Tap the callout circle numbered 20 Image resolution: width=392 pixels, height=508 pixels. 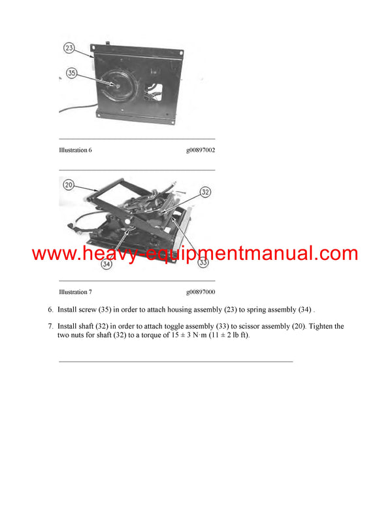tap(69, 185)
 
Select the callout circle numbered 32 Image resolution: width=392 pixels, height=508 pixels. tap(205, 192)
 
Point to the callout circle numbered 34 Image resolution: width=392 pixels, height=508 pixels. tap(106, 264)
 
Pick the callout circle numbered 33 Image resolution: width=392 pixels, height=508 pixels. tap(203, 263)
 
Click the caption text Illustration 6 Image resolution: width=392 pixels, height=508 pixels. tap(75, 150)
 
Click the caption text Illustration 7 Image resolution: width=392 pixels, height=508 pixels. tap(75, 292)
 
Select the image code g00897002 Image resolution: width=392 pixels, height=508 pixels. tap(201, 150)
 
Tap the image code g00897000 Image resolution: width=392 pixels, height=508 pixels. tap(201, 292)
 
